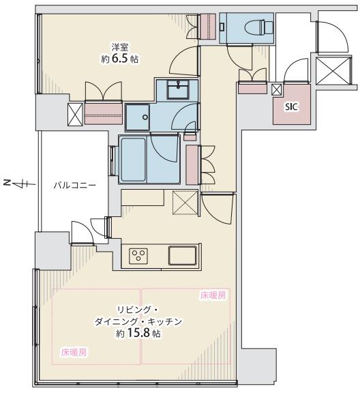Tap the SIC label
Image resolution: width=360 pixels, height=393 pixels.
coord(291,107)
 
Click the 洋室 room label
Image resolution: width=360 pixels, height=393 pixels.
coord(120,47)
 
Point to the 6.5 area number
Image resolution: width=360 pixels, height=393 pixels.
coord(120,59)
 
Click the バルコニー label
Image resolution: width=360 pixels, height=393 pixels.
coord(75,186)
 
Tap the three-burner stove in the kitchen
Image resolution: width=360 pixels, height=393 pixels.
coord(138,256)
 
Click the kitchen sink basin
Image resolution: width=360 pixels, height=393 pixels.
coord(182,255)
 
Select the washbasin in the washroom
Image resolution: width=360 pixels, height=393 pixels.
coord(178,89)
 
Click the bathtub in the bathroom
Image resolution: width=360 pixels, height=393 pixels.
coord(133,160)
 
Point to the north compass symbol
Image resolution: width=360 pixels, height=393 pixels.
coord(19,184)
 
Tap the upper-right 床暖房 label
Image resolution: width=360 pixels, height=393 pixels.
coord(213,295)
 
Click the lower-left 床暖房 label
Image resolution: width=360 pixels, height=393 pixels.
coord(74,353)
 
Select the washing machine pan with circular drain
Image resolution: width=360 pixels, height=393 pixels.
coord(137,117)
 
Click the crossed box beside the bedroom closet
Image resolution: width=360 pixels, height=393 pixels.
coord(75,115)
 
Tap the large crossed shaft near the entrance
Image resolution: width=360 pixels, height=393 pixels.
coord(333,71)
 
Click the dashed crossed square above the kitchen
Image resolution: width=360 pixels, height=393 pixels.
coord(185,203)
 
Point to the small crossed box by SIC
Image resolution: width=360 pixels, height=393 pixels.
coord(276,90)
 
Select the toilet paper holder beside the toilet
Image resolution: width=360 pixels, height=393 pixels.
coord(222,27)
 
